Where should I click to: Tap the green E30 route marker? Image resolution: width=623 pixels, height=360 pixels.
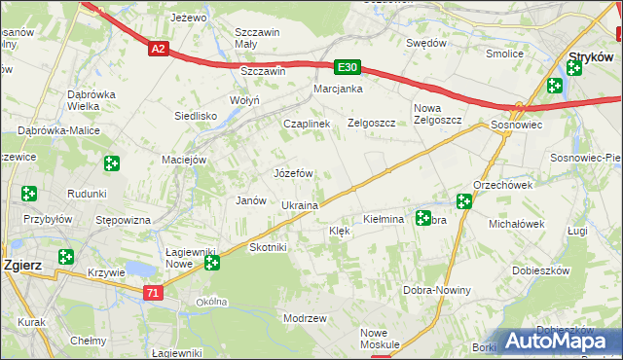coord(348,67)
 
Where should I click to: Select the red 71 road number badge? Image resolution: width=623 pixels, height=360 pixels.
coord(152,292)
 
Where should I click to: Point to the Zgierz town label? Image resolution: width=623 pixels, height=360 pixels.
coord(20,264)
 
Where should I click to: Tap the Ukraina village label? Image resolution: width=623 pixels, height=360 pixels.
coord(300,206)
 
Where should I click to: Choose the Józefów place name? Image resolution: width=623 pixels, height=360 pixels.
coord(293,173)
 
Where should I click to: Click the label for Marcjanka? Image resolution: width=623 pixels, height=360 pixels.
coord(338,90)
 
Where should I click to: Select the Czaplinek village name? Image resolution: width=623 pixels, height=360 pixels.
coord(308,125)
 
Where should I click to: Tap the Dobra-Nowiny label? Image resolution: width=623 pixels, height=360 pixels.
coord(437,290)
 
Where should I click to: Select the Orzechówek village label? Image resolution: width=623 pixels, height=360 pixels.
coord(502,185)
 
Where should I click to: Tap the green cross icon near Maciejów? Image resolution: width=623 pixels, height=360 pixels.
coord(112,163)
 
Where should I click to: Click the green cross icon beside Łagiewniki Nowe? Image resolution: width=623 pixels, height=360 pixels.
coord(211,262)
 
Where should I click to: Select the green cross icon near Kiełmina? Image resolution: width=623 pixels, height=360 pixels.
coord(423,218)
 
